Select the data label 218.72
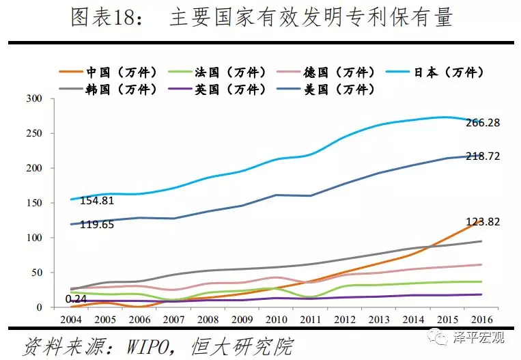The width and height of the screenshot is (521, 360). (484, 156)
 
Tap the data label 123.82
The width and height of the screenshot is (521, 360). (484, 222)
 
